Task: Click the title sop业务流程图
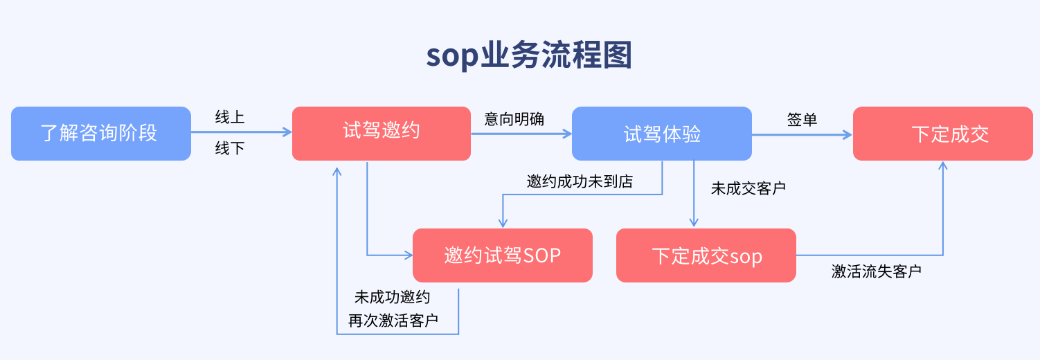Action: coord(529,55)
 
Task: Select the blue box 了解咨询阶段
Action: coord(101,134)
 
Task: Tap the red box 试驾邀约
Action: coord(382,134)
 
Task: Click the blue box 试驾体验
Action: coord(662,134)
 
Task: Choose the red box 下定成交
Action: coord(942,134)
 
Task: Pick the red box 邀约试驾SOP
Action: coord(503,255)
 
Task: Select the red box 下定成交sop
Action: coord(706,255)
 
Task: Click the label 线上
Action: coord(230,118)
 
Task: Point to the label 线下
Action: coord(230,148)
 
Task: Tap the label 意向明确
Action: coord(514,119)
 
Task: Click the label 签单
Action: coord(802,119)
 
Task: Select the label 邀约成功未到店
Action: coord(580,181)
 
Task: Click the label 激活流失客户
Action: coord(877,271)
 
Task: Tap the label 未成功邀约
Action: coord(393,297)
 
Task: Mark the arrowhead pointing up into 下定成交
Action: coord(942,165)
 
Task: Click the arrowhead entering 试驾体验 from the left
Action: coord(567,134)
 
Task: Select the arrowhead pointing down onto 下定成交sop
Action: coord(694,224)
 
